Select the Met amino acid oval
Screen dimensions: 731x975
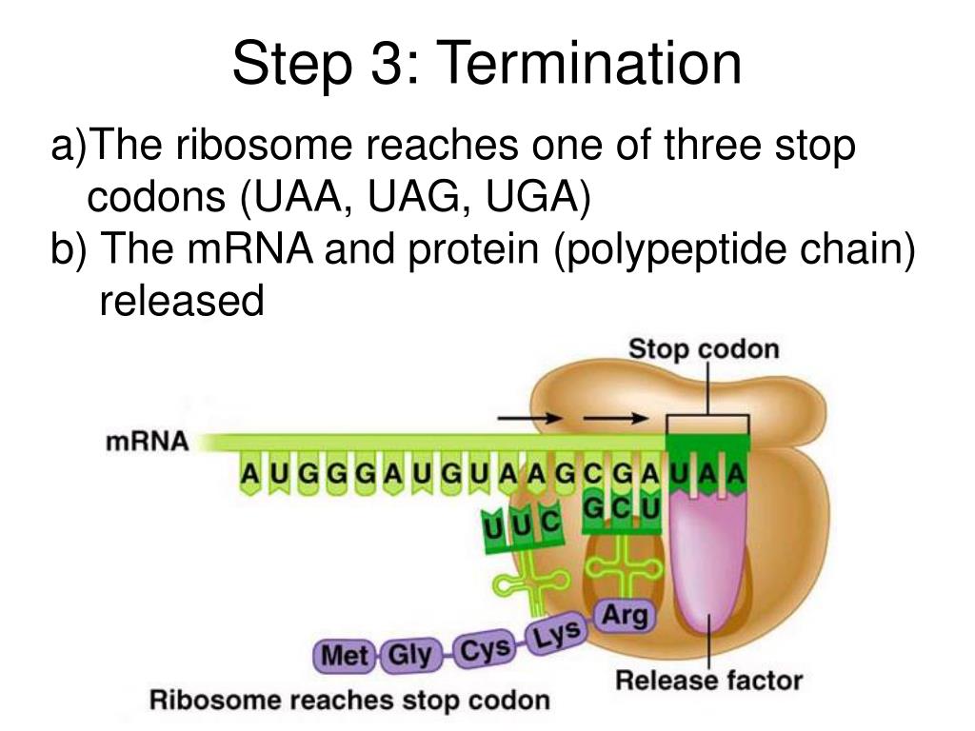coord(346,656)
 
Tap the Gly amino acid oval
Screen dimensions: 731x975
coord(410,655)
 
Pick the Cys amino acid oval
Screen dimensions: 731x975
coord(484,650)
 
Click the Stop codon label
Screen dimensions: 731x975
coord(703,348)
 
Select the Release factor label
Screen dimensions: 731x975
coord(708,681)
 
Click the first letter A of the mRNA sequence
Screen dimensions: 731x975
coord(249,472)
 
